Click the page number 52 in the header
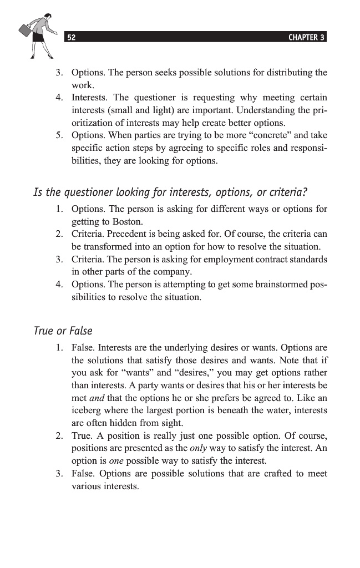click(x=71, y=38)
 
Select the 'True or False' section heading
click(x=63, y=331)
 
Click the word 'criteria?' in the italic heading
click(x=288, y=192)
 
